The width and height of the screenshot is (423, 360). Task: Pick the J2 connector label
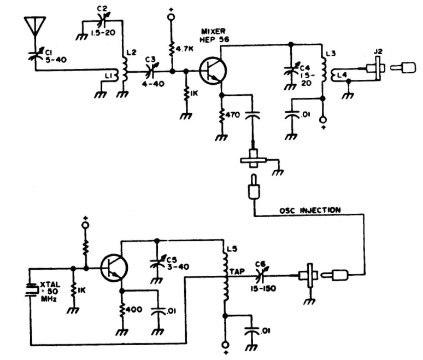pos(377,53)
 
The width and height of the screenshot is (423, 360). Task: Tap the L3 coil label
pos(330,54)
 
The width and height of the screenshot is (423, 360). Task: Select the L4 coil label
pos(342,74)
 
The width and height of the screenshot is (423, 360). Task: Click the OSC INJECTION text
pos(310,210)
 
